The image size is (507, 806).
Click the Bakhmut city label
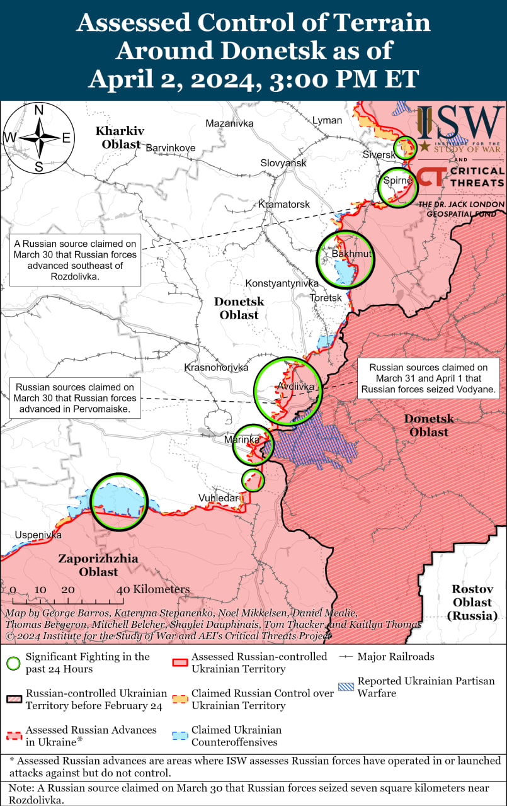point(351,254)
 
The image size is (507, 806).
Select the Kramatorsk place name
point(284,205)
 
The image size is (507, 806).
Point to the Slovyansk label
point(283,163)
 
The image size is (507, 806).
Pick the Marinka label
point(242,439)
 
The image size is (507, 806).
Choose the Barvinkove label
point(170,148)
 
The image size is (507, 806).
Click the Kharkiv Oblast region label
point(118,137)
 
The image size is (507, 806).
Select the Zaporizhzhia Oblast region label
point(98,565)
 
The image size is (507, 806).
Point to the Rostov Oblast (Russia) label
point(472,603)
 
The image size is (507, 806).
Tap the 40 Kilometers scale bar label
point(153,589)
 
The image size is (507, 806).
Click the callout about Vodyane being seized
point(428,378)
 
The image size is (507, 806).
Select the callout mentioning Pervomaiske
point(75,398)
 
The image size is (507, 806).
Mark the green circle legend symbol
point(13,662)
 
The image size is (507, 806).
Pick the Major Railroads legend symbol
point(345,657)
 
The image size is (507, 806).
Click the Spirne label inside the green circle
point(397,181)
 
